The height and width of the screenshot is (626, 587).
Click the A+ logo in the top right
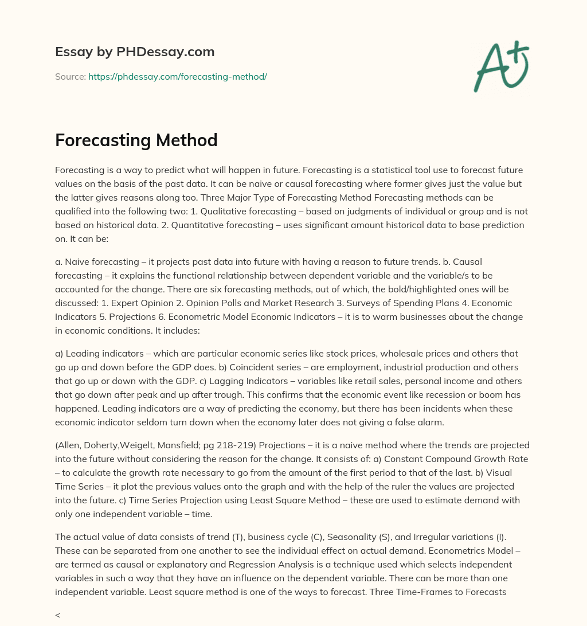tap(501, 66)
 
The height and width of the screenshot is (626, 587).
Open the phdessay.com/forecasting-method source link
tap(178, 76)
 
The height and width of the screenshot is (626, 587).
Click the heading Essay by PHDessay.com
tap(135, 52)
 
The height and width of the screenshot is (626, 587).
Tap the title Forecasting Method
tap(136, 140)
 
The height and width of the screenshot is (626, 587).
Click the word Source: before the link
tap(70, 76)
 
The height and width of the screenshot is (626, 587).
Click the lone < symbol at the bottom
tap(57, 615)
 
